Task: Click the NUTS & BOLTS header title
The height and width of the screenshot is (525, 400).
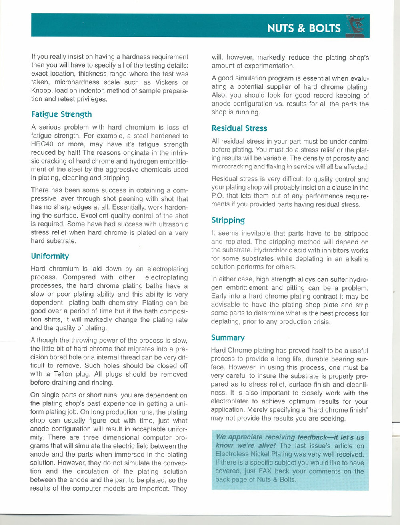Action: pyautogui.click(x=304, y=28)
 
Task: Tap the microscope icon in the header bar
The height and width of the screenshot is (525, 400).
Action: pyautogui.click(x=356, y=26)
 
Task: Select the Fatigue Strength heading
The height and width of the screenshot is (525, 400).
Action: pyautogui.click(x=62, y=114)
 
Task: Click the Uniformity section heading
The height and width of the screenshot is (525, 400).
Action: pyautogui.click(x=50, y=256)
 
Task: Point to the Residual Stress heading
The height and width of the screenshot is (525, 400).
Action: pyautogui.click(x=239, y=128)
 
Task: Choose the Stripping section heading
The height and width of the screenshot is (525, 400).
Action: pyautogui.click(x=228, y=220)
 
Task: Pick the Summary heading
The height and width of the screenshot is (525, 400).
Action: pyautogui.click(x=228, y=338)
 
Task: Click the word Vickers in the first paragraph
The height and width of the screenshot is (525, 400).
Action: pyautogui.click(x=166, y=82)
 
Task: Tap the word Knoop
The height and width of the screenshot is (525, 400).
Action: pyautogui.click(x=41, y=91)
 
